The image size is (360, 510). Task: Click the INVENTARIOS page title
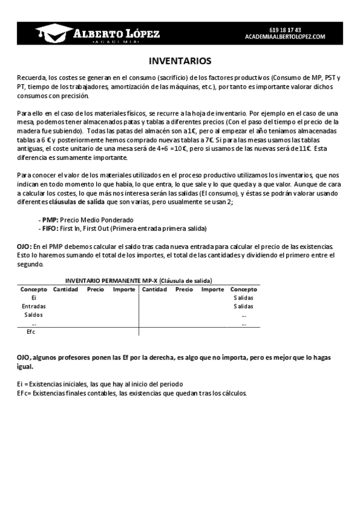point(180,61)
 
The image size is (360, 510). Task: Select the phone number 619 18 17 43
point(285,29)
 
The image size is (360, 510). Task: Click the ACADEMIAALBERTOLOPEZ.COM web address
point(285,36)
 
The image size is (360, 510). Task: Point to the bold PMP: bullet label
point(50,220)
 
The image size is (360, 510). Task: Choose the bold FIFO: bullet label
point(50,229)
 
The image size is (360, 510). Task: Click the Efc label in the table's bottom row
point(32,331)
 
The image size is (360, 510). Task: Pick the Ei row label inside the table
point(34,298)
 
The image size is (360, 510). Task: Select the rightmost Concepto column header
point(243,289)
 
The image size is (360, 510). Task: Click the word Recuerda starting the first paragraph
point(31,78)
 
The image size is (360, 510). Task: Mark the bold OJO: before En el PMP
point(24,247)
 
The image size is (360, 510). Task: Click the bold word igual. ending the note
point(25,366)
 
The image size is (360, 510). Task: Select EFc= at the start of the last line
point(24,393)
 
